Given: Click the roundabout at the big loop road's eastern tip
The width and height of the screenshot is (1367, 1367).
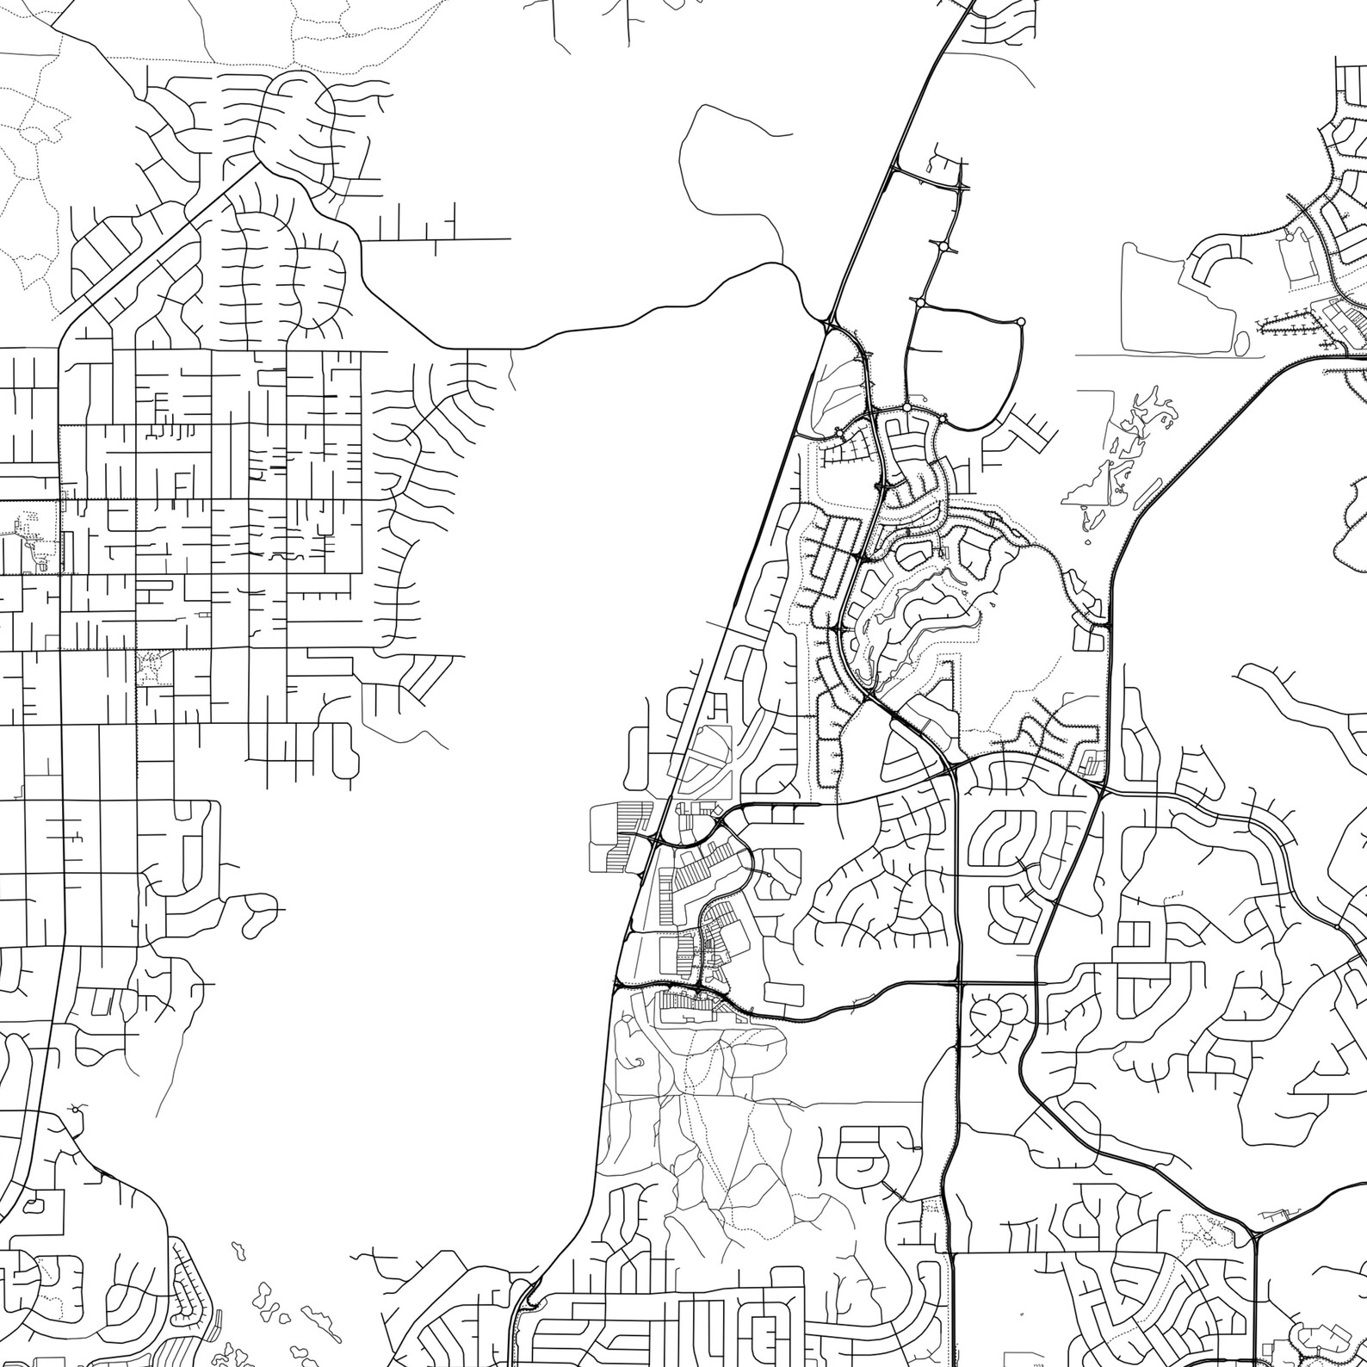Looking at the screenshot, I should coord(1021,322).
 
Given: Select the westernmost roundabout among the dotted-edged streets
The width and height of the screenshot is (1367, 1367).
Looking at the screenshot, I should coord(837,432).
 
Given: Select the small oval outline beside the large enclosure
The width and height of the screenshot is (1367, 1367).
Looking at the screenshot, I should coord(1240,343).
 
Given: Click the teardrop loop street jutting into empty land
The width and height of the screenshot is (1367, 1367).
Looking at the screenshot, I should coord(258,914).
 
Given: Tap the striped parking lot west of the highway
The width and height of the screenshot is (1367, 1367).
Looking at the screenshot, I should coord(620,835).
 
